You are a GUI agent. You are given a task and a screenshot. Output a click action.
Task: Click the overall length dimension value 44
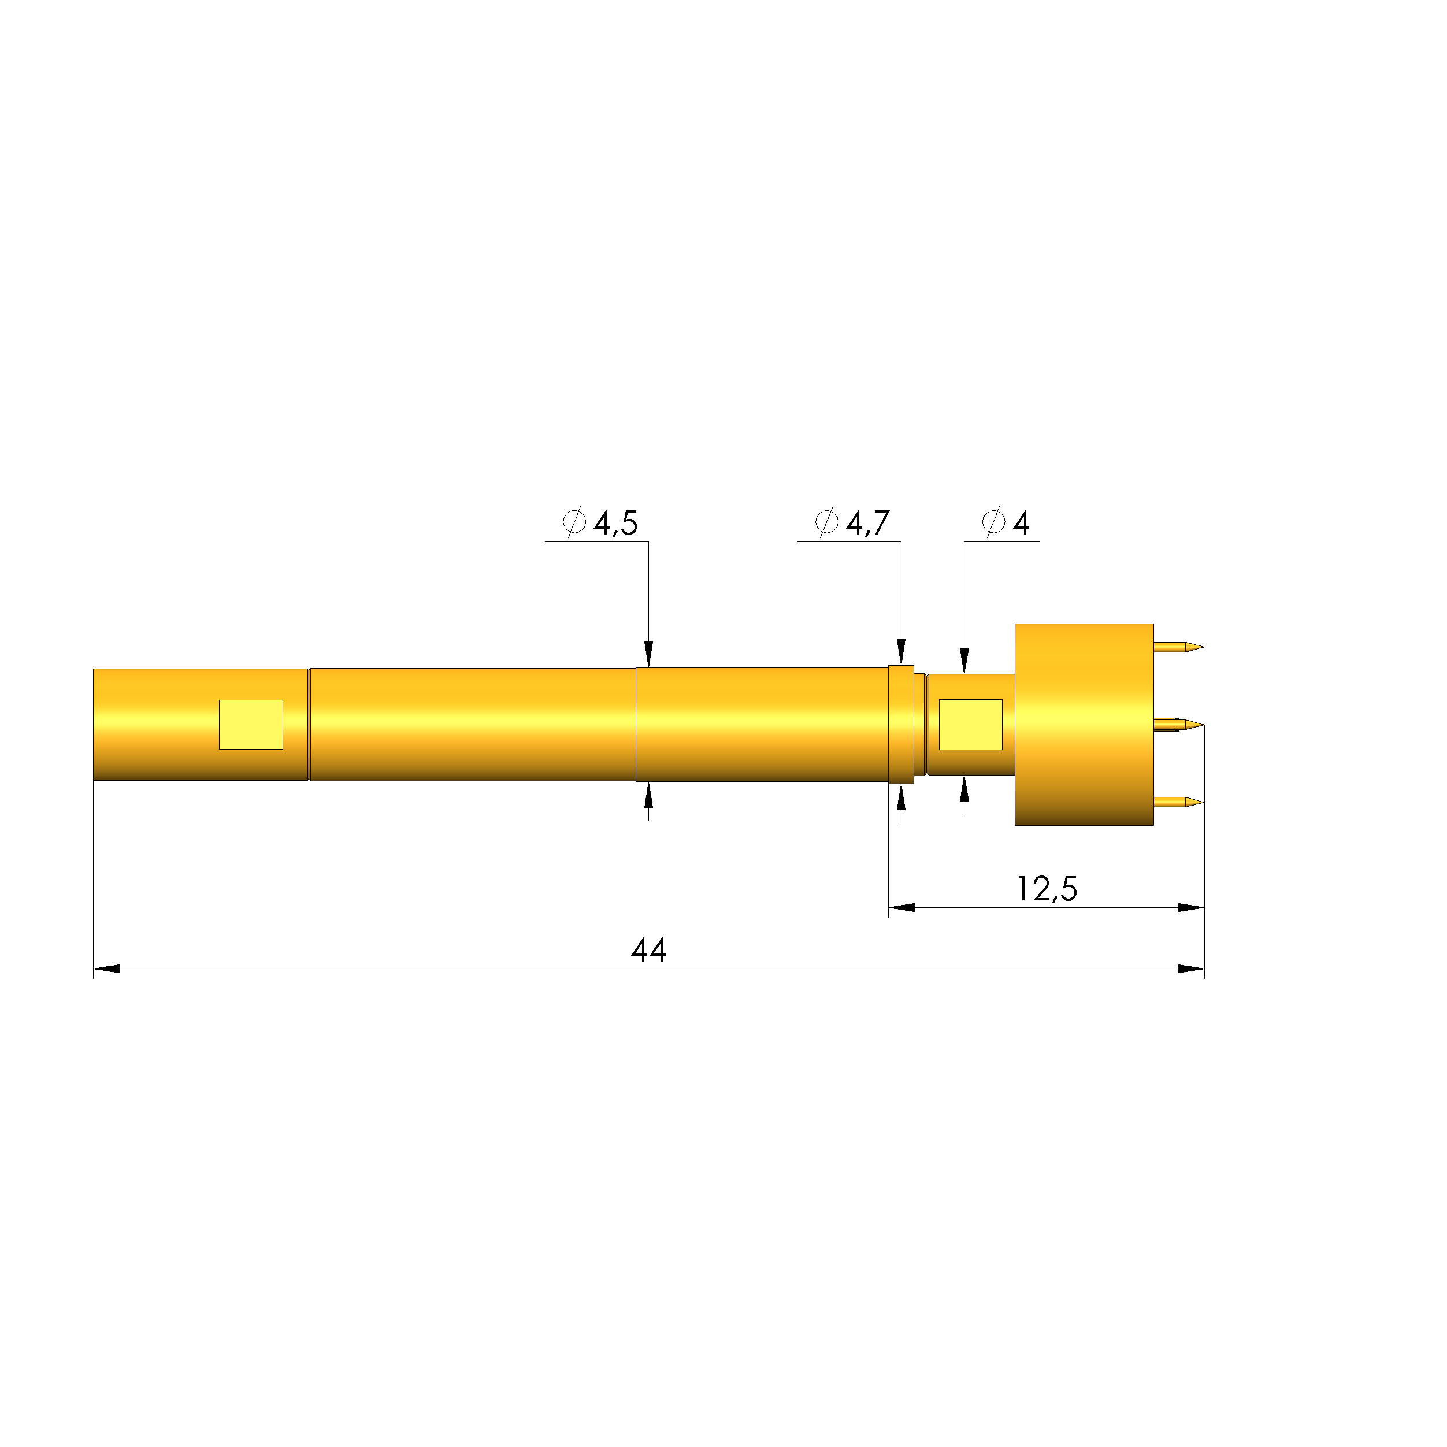click(648, 951)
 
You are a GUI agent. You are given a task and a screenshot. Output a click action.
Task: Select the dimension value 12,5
click(1047, 889)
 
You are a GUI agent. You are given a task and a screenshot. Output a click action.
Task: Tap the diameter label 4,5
click(615, 524)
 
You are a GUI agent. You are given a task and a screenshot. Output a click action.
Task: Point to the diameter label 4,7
click(867, 524)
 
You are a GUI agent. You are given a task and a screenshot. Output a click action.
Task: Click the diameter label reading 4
click(1021, 524)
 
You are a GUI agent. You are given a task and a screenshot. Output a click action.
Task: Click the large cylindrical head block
click(1083, 724)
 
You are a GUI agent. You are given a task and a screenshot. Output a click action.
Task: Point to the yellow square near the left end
click(251, 724)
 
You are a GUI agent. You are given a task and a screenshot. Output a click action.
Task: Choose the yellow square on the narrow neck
click(971, 724)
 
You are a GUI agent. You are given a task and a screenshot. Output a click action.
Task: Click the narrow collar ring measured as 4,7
click(901, 724)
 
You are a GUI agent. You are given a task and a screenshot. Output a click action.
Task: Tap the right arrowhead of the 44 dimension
click(1191, 969)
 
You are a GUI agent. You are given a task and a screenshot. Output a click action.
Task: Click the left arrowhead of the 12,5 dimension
click(901, 908)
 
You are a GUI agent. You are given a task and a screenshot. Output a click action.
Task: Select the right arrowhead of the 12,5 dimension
click(1191, 908)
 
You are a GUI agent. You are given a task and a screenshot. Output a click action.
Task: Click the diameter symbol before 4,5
click(574, 521)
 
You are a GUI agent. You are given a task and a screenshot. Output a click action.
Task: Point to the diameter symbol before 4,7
click(826, 521)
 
